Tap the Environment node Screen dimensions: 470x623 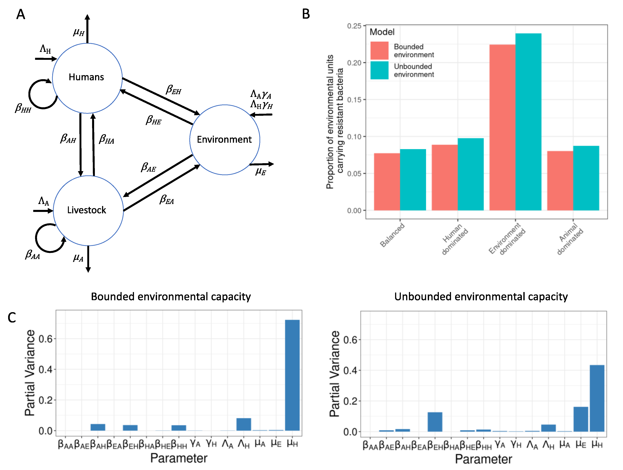[x=224, y=140]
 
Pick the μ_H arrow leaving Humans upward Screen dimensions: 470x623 [x=88, y=28]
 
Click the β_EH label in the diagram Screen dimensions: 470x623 [x=173, y=90]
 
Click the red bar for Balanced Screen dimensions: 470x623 [x=387, y=182]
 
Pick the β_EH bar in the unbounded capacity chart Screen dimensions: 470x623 [x=435, y=422]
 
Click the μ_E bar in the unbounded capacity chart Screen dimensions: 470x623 [x=581, y=419]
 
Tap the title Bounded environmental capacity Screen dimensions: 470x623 [x=171, y=297]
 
